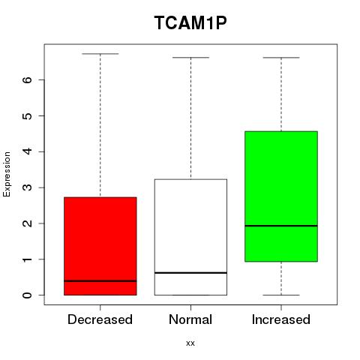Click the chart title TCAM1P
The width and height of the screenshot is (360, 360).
point(190,23)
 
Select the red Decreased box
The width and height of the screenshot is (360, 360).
point(100,246)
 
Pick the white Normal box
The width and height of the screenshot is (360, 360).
point(190,237)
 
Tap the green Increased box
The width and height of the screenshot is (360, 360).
point(281,196)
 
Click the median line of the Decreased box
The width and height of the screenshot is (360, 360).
point(100,281)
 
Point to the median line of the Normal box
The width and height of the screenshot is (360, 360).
point(190,273)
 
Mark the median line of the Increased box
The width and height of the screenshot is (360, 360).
point(281,226)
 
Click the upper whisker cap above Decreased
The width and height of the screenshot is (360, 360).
point(100,53)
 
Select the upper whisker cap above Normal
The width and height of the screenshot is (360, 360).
point(190,58)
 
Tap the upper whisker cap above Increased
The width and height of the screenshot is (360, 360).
point(281,58)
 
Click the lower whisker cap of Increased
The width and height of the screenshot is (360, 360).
point(281,295)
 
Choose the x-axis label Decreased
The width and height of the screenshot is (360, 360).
point(100,319)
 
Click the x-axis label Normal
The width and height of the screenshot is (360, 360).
point(190,319)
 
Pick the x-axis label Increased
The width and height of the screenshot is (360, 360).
point(281,319)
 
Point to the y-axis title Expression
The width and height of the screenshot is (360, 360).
point(7,174)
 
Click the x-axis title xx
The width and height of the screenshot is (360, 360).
point(190,343)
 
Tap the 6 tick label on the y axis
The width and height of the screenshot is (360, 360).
point(27,79)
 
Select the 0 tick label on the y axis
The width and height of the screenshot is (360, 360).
point(27,295)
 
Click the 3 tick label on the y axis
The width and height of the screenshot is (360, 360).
point(27,187)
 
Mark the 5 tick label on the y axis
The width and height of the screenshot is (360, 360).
point(27,115)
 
